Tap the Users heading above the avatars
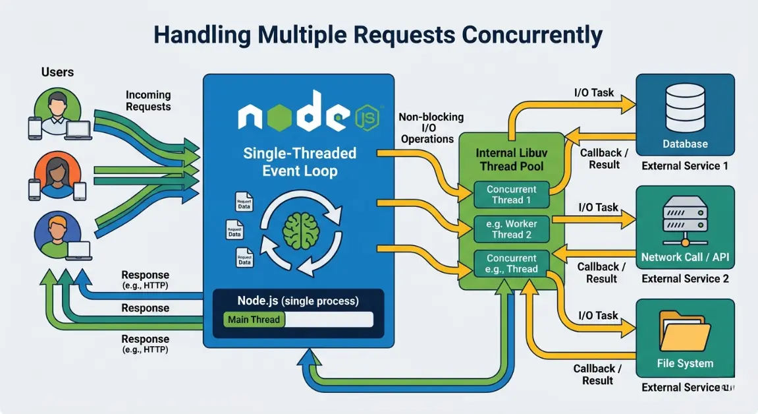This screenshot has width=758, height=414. [x=57, y=71]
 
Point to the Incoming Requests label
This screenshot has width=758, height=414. [x=148, y=101]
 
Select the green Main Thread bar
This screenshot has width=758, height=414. [x=254, y=320]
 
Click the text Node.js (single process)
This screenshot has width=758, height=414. [x=298, y=301]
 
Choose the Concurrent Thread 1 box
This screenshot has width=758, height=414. [x=512, y=194]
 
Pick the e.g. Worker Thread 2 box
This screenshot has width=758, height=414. [x=512, y=229]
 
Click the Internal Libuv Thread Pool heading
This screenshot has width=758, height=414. [x=511, y=160]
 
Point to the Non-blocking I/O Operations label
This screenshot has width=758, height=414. [x=431, y=128]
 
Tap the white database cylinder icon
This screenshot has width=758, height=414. [x=685, y=109]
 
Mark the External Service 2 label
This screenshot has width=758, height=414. [x=685, y=279]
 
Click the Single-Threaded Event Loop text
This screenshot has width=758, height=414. [x=300, y=162]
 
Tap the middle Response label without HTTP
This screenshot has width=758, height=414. [x=145, y=309]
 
